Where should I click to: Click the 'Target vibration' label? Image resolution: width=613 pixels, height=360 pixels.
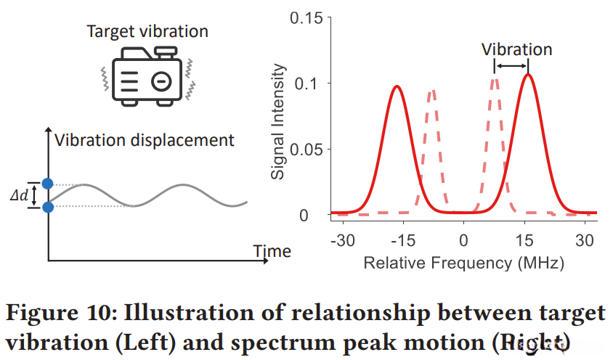(147, 31)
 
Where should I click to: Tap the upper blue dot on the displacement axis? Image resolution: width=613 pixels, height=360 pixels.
(48, 184)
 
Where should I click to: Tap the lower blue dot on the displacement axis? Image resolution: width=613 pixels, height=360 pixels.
(48, 208)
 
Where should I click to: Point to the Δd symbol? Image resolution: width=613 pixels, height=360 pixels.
(23, 196)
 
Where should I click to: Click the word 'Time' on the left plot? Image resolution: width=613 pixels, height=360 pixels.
(272, 251)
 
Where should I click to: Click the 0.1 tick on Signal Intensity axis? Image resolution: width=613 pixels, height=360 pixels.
(309, 83)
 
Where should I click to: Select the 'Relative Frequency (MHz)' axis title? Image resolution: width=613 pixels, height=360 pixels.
(463, 263)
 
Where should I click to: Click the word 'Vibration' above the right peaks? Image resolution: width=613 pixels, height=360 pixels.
(517, 49)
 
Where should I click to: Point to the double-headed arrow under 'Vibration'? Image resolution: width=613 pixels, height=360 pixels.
(511, 67)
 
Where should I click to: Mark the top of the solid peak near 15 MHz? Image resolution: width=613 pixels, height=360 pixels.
(528, 74)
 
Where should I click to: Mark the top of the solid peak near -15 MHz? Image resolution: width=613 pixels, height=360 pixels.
(397, 86)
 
